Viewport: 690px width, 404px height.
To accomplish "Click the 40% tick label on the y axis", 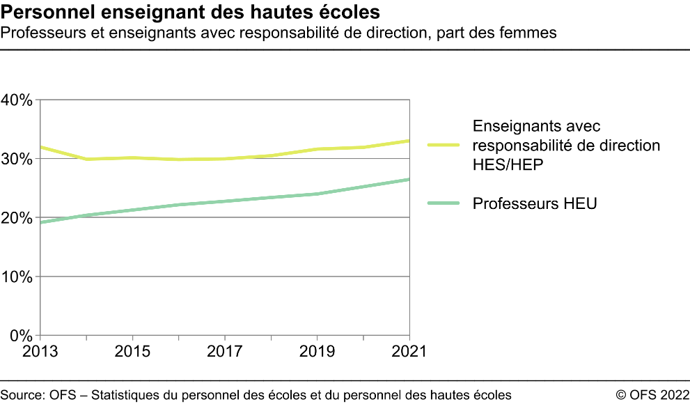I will click(17, 100).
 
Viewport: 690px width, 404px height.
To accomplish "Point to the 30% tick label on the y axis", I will click(17, 159).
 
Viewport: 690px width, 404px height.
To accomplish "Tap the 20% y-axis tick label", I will click(17, 218).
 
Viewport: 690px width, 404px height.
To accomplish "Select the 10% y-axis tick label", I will click(17, 277).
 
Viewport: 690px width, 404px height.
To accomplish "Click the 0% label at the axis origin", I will click(21, 336).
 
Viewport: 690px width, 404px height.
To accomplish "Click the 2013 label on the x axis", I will click(40, 351).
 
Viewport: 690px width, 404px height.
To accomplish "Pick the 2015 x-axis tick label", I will click(132, 351).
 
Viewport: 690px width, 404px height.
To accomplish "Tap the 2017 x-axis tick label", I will click(225, 351).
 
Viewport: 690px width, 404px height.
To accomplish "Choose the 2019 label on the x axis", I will click(317, 351).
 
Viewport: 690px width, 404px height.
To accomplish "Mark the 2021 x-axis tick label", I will click(409, 351).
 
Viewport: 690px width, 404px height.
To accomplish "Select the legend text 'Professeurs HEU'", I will click(535, 204).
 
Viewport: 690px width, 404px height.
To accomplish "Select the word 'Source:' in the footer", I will click(23, 394).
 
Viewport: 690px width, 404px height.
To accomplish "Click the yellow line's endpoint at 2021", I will click(409, 141).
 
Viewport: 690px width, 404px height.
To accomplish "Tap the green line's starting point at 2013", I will click(41, 223).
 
